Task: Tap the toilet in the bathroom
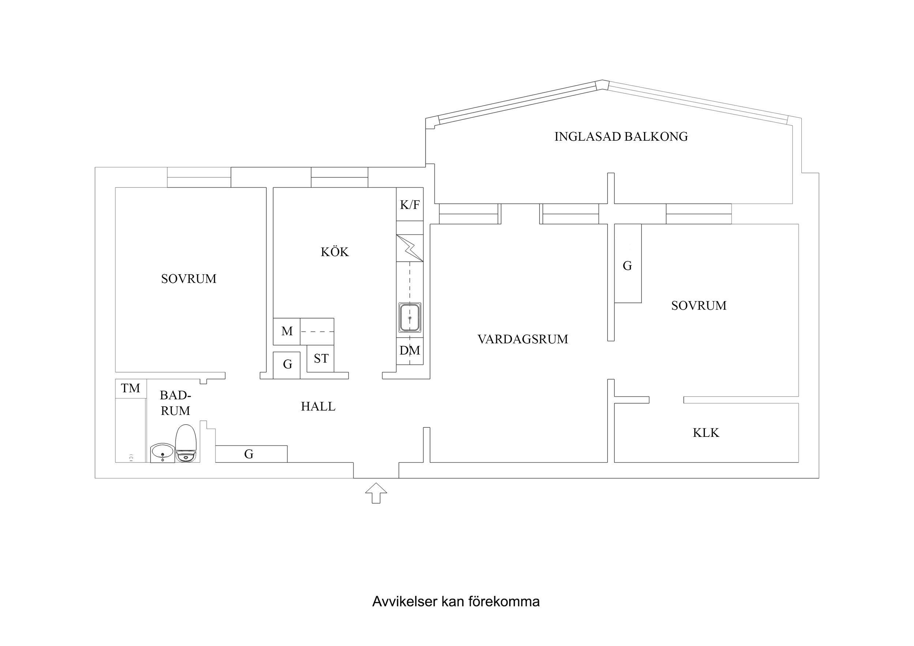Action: coord(186,443)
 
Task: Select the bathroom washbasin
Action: coord(162,453)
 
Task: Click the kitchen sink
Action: coord(410,318)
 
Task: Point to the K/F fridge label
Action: coord(410,205)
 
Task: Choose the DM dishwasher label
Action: coord(410,351)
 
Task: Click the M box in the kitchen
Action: coord(287,331)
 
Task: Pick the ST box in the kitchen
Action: coord(321,359)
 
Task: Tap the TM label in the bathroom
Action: coord(131,388)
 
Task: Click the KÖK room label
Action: coord(334,252)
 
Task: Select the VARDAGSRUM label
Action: coord(522,339)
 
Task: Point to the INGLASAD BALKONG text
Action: coord(621,136)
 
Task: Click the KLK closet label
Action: coord(706,432)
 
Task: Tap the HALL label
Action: coord(318,407)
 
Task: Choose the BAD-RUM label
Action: coord(175,403)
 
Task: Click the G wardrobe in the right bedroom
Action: coord(627,265)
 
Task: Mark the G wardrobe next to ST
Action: coord(287,364)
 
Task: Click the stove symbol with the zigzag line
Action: coord(410,248)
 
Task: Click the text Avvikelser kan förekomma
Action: coord(455,601)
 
